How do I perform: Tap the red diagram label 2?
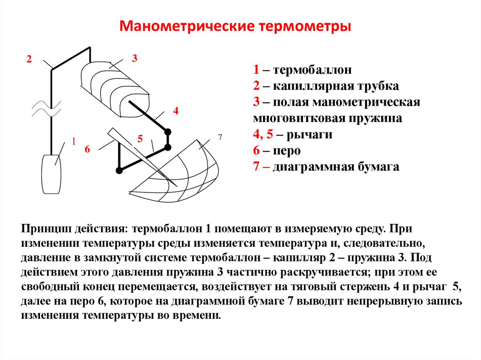pos(29,60)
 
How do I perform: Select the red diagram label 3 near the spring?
pos(134,59)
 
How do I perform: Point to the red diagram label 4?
pos(176,111)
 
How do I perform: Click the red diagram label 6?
pos(87,149)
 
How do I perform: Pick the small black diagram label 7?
pos(219,137)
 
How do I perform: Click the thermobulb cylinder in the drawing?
pos(51,174)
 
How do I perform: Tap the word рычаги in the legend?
pos(306,135)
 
